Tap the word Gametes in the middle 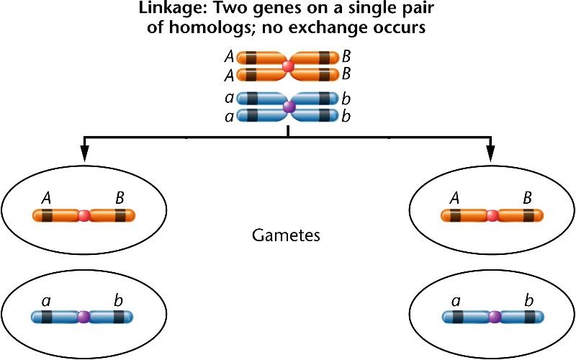[x=286, y=235]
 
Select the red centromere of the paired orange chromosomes [x=289, y=66]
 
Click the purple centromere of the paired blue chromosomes [x=289, y=107]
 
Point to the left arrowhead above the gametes [x=84, y=153]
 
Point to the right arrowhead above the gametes [x=490, y=153]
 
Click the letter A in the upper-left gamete [x=46, y=199]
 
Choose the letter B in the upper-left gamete [x=120, y=199]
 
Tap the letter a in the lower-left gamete [x=46, y=302]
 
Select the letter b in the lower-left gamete [x=118, y=300]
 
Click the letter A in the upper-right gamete [x=454, y=199]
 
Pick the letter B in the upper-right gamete [x=528, y=199]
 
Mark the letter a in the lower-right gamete [x=456, y=302]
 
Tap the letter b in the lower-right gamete [x=528, y=300]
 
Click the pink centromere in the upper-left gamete [x=84, y=215]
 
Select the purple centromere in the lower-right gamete [x=495, y=317]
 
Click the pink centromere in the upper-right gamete [x=492, y=215]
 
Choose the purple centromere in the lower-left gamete [x=84, y=317]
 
